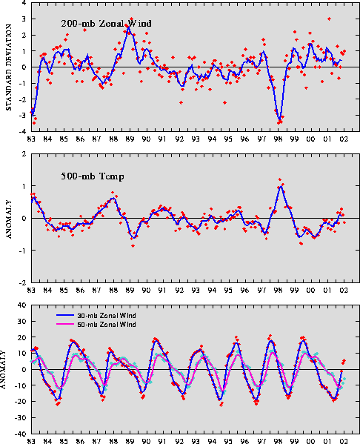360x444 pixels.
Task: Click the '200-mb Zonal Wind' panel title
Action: pos(106,23)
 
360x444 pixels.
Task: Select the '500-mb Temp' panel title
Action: pos(93,176)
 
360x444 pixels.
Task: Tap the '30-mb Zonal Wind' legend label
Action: pos(107,316)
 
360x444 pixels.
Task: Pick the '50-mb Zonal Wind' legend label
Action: pos(107,324)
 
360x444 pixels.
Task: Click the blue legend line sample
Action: pos(65,315)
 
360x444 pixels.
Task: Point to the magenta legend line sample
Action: pos(65,324)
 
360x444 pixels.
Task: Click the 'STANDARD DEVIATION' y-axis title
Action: pos(8,67)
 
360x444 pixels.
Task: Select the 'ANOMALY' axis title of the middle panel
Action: pos(8,219)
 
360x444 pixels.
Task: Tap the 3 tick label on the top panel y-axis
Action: pos(24,19)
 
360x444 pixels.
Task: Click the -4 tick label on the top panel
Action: pos(23,131)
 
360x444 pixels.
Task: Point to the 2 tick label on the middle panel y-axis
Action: pos(24,154)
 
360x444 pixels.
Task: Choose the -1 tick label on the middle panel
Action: pos(23,251)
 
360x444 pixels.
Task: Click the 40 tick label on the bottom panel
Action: pos(22,305)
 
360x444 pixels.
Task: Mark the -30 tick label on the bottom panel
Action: pos(21,417)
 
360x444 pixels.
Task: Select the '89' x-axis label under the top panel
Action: pos(130,139)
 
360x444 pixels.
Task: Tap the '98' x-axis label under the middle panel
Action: pos(278,291)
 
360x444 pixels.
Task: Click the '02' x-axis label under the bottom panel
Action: pos(344,441)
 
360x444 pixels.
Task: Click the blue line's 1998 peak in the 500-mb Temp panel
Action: pos(281,186)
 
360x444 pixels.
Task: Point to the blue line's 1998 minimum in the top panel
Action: pos(280,120)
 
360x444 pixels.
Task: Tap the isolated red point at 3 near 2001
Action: pos(329,19)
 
